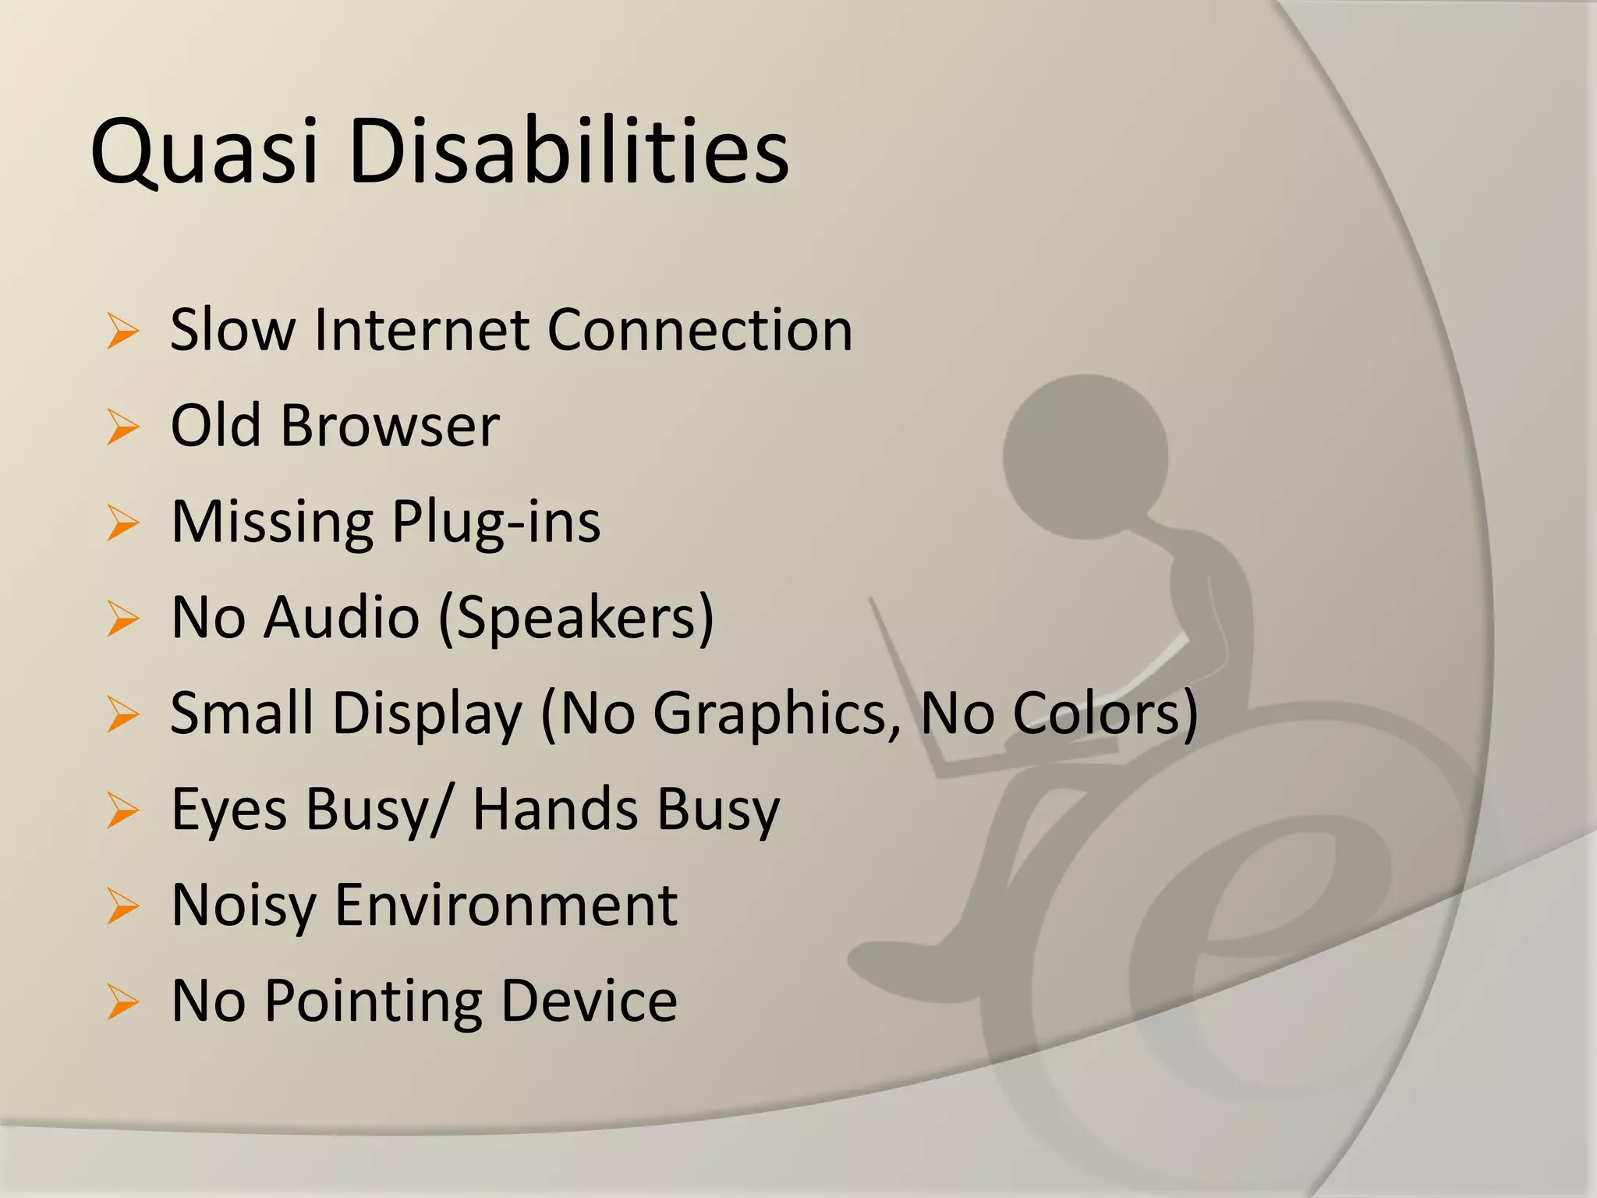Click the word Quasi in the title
click(x=205, y=152)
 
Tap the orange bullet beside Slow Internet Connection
click(x=123, y=331)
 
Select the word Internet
click(x=422, y=330)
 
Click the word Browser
click(x=390, y=427)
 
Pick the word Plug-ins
click(x=496, y=523)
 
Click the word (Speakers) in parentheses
click(x=576, y=618)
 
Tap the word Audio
click(x=342, y=618)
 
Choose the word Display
click(x=428, y=714)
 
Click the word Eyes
click(x=229, y=810)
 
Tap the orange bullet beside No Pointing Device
click(x=123, y=1002)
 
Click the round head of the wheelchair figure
click(x=1085, y=457)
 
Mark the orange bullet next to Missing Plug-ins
click(x=123, y=523)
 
